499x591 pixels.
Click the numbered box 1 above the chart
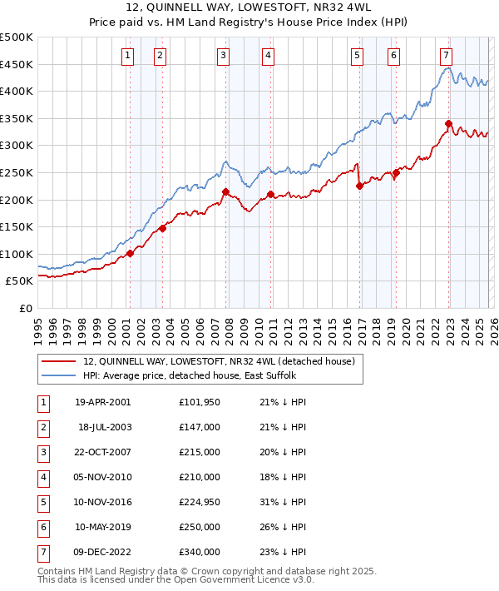click(x=128, y=56)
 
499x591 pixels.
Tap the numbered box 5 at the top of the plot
click(x=357, y=56)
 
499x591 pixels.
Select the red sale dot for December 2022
click(x=448, y=124)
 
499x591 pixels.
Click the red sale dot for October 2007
click(x=225, y=191)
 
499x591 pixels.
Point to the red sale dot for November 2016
click(x=359, y=186)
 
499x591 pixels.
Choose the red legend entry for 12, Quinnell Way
click(x=219, y=361)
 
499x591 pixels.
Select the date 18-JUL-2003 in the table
click(x=103, y=426)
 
